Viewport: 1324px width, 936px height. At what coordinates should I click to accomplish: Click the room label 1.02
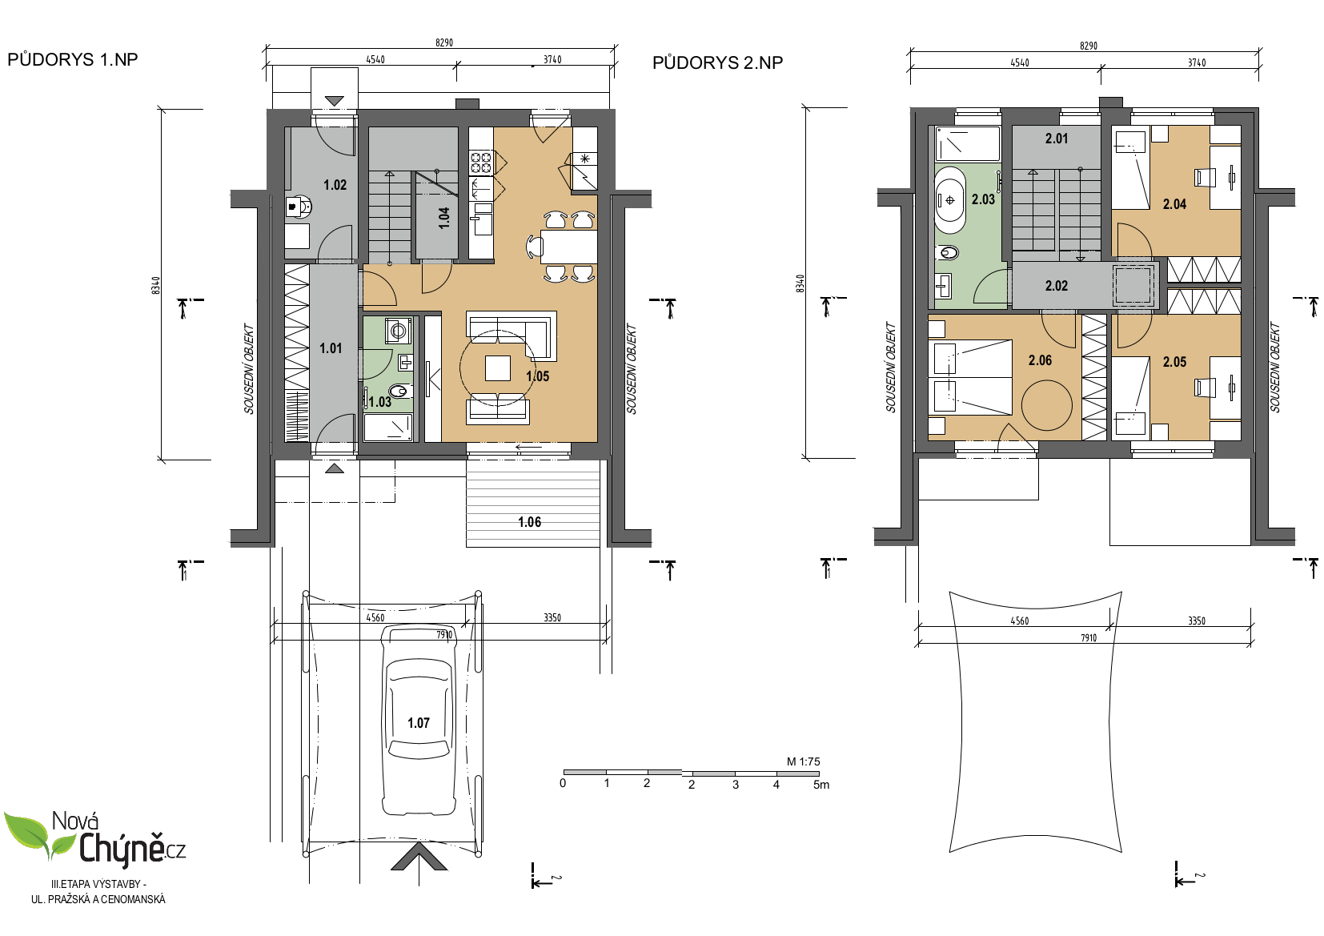335,185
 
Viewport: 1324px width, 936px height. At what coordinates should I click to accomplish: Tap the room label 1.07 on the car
419,722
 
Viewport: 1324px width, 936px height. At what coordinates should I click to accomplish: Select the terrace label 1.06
530,522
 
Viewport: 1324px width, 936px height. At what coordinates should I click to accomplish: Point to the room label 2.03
984,199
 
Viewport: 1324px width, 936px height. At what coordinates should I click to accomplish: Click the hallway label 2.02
1057,286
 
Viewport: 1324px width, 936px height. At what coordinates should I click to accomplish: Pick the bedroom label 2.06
1041,360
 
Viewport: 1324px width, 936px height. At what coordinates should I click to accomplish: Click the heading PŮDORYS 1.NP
73,59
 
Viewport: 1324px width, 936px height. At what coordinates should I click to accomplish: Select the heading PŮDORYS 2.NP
717,62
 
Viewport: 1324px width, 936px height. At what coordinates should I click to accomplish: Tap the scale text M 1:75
803,761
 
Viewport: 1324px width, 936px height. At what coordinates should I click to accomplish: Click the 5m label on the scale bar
821,785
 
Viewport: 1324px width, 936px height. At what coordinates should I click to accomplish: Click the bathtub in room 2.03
950,200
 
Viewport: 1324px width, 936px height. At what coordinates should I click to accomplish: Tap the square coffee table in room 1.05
498,368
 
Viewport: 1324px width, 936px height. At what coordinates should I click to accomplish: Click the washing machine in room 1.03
399,331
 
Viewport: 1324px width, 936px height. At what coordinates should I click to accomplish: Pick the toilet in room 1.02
299,207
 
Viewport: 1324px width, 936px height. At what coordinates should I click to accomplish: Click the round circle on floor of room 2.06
1047,405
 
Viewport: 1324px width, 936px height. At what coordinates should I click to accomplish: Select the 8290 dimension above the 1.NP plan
444,42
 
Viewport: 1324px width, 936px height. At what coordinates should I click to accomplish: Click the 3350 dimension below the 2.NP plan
1197,621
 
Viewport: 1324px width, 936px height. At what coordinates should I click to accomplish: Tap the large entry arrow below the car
419,858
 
